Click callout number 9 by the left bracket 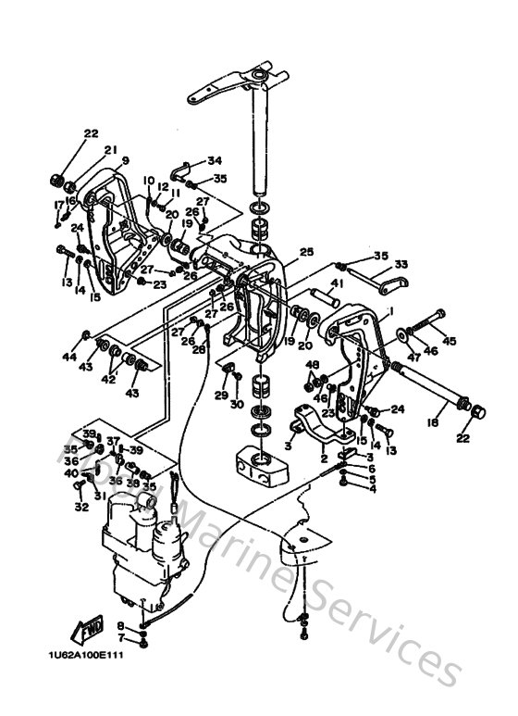(x=125, y=160)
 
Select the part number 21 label (x=110, y=150)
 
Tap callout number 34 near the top (x=215, y=160)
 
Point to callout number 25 (x=306, y=251)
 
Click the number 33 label (x=401, y=264)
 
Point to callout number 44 (x=70, y=357)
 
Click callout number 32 (x=81, y=508)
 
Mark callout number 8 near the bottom (x=120, y=626)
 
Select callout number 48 (x=312, y=364)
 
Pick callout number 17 (x=58, y=204)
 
